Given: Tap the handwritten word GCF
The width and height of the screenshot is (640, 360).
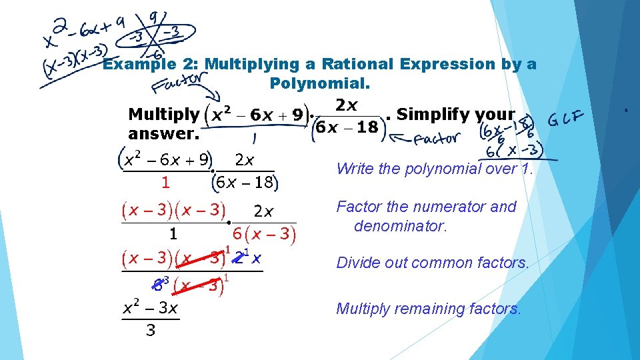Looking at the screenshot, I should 567,121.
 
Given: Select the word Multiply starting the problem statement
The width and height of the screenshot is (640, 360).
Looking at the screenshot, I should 163,114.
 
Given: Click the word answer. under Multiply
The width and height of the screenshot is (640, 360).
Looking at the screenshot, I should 163,133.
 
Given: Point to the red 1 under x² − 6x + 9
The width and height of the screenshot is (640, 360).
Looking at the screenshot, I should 165,181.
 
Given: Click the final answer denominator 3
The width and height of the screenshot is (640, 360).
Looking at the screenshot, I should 151,330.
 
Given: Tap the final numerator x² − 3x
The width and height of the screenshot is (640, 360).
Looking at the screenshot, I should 150,309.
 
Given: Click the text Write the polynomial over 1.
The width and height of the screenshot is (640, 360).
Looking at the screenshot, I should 435,169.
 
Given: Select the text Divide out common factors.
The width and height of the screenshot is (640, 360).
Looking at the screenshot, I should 433,263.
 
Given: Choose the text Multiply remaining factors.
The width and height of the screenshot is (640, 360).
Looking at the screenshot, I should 429,309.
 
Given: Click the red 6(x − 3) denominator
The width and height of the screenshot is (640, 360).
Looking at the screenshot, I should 263,234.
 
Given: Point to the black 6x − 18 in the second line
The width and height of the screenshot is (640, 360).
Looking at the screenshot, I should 246,181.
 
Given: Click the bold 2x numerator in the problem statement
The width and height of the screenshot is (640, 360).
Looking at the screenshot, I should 347,105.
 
